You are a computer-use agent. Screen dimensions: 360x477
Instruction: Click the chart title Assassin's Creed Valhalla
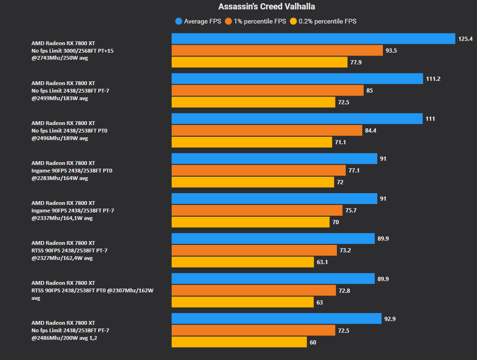pos(267,7)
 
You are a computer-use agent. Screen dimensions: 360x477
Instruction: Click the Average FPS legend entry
pos(198,21)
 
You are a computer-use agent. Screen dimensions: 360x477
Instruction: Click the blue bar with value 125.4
pos(313,39)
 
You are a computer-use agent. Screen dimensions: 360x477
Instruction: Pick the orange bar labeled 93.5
pos(277,50)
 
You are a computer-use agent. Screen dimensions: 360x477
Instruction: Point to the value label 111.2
pos(433,78)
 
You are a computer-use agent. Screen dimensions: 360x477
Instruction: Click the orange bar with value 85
pos(268,90)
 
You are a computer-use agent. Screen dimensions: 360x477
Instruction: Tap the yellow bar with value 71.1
pos(252,142)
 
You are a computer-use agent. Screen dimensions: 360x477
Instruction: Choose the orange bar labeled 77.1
pos(259,170)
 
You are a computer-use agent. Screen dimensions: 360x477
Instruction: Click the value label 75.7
pos(351,210)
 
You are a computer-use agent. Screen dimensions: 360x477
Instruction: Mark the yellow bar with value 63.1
pos(243,262)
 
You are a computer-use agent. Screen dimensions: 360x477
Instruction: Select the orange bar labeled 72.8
pos(254,290)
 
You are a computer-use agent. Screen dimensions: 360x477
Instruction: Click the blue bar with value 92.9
pos(277,319)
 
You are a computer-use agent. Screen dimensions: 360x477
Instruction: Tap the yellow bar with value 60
pos(239,342)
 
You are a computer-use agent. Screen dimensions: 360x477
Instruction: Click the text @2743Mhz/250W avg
pos(60,58)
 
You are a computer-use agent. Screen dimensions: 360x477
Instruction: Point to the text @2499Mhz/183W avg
pos(60,98)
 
